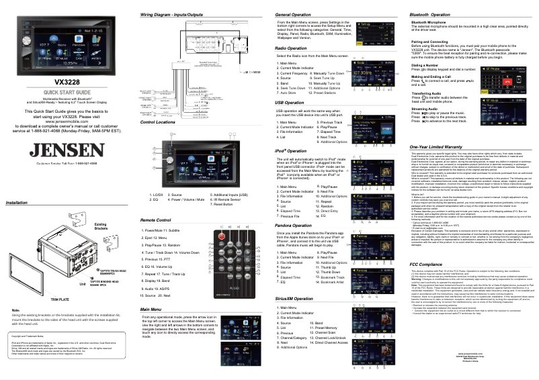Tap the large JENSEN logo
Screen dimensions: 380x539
pos(67,148)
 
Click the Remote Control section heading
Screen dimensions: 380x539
pos(155,220)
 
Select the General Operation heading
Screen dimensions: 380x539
pos(293,14)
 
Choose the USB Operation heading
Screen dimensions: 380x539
pos(290,101)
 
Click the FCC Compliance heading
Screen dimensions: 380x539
pos(427,265)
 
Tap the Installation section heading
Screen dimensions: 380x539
pos(16,201)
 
